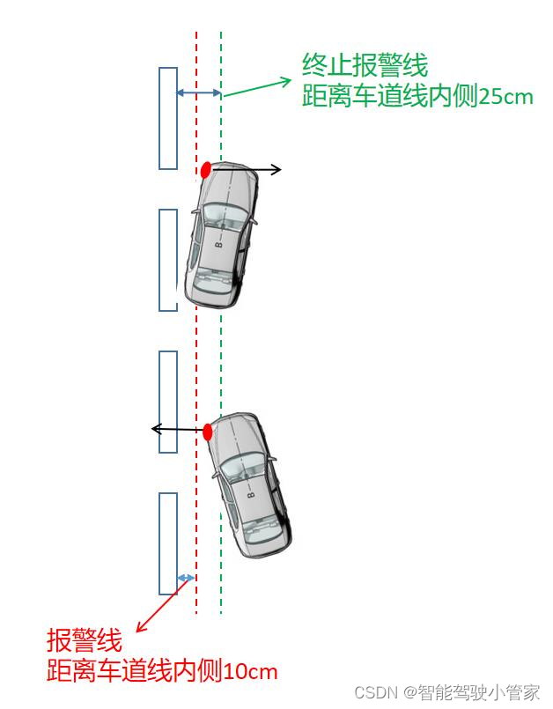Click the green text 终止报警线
pyautogui.click(x=365, y=65)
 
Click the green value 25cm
pyautogui.click(x=505, y=97)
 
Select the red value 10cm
pyautogui.click(x=251, y=672)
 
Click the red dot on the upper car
pyautogui.click(x=206, y=169)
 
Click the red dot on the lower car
pyautogui.click(x=208, y=432)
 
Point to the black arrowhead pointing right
pyautogui.click(x=276, y=169)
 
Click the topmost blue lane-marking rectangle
pyautogui.click(x=168, y=118)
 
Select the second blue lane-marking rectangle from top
pyautogui.click(x=168, y=260)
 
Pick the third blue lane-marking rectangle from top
pyautogui.click(x=168, y=402)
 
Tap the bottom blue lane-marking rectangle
pyautogui.click(x=168, y=543)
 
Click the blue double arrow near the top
pyautogui.click(x=199, y=92)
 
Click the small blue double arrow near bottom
pyautogui.click(x=186, y=578)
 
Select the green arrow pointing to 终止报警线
pyautogui.click(x=257, y=86)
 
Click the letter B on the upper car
pyautogui.click(x=219, y=244)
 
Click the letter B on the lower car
pyautogui.click(x=251, y=497)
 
